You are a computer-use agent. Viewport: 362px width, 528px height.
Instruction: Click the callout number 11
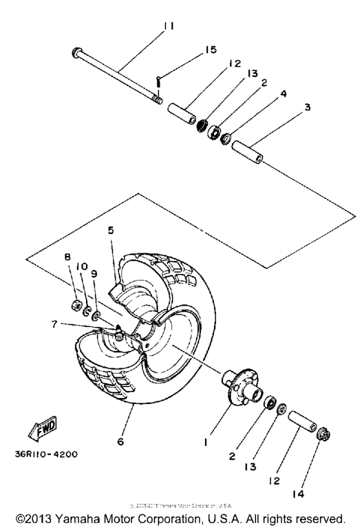pyautogui.click(x=169, y=26)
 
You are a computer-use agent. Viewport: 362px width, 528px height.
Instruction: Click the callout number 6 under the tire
pyautogui.click(x=120, y=442)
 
